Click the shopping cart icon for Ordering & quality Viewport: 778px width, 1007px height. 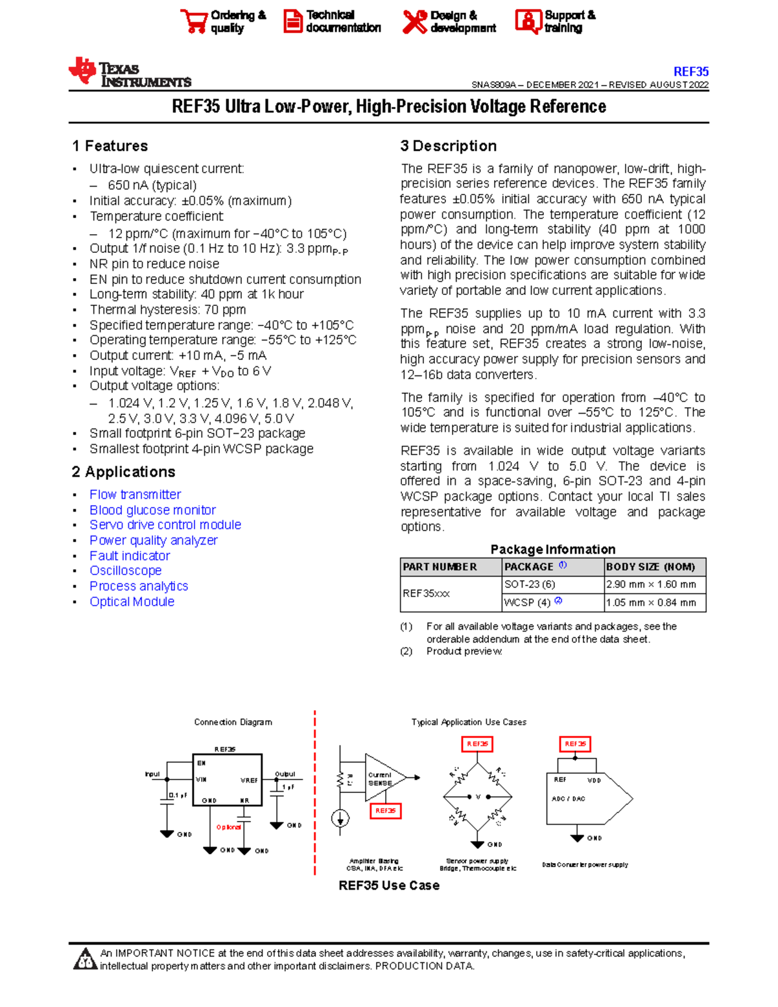(x=194, y=21)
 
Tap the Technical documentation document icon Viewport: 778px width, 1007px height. (x=292, y=21)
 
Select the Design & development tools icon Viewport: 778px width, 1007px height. (x=414, y=21)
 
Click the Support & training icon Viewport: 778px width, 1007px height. (x=528, y=21)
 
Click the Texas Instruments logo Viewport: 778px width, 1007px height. (x=130, y=73)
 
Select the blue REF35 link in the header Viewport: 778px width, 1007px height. (x=690, y=71)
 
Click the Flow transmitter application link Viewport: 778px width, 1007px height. (x=135, y=495)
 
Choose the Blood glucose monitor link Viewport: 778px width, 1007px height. (x=152, y=510)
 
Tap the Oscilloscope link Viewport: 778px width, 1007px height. (x=125, y=571)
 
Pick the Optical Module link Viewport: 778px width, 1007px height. (x=132, y=602)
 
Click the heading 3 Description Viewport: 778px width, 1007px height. (x=449, y=146)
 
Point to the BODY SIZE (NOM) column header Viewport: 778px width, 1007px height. (x=650, y=567)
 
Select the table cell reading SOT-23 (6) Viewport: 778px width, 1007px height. (x=530, y=584)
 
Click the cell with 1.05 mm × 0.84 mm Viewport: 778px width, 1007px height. (x=651, y=602)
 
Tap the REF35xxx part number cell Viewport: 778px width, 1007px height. (x=426, y=593)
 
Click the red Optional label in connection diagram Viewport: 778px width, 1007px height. (x=228, y=827)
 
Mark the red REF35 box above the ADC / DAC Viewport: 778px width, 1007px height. (x=575, y=744)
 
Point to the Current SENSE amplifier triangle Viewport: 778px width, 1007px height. (x=384, y=778)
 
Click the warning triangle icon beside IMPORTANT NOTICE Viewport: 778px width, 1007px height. (x=84, y=960)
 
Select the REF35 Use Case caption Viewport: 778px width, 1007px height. (x=389, y=886)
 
